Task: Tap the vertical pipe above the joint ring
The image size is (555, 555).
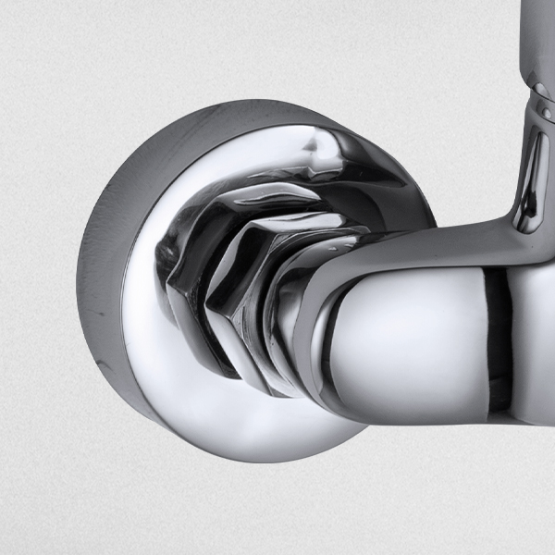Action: (x=536, y=37)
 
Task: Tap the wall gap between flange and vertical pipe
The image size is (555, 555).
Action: (x=462, y=139)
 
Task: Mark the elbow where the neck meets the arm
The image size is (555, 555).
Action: (x=518, y=231)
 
